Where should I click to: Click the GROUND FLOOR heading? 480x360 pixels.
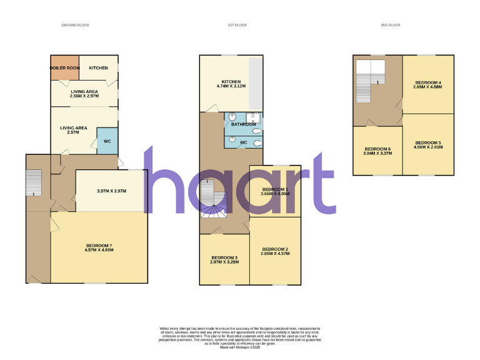pyautogui.click(x=75, y=25)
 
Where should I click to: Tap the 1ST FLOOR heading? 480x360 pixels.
pyautogui.click(x=235, y=25)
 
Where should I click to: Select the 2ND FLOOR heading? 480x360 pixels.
pyautogui.click(x=390, y=25)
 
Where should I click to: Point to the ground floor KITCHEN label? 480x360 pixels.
pyautogui.click(x=98, y=67)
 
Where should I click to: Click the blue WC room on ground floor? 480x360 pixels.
pyautogui.click(x=107, y=141)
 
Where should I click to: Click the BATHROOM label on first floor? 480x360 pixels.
pyautogui.click(x=244, y=124)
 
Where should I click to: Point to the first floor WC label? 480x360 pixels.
pyautogui.click(x=244, y=142)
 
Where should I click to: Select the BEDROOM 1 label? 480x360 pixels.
pyautogui.click(x=275, y=189)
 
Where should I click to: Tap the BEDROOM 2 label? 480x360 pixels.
pyautogui.click(x=275, y=249)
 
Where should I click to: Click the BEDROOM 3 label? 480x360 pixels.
pyautogui.click(x=224, y=258)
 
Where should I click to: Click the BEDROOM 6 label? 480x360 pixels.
pyautogui.click(x=377, y=149)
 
